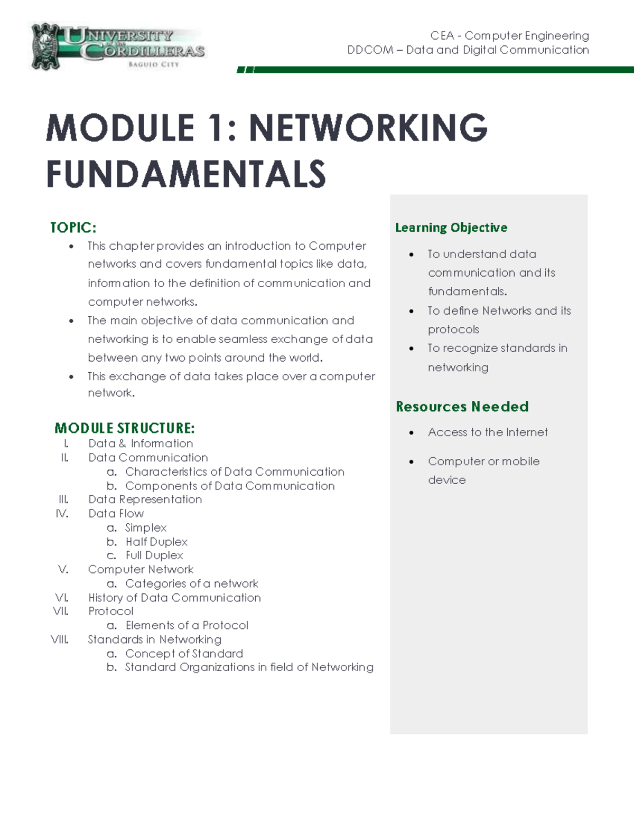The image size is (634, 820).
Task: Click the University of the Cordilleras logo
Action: (117, 46)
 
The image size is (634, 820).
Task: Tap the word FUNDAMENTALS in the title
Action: (186, 174)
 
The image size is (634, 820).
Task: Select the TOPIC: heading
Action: (73, 228)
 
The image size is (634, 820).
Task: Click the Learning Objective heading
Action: (451, 228)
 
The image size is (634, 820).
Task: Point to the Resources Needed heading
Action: (462, 407)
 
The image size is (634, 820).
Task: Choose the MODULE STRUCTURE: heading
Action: (125, 428)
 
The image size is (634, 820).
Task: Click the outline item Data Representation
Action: (145, 499)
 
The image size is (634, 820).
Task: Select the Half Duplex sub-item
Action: (156, 542)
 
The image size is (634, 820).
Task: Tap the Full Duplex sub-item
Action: (154, 555)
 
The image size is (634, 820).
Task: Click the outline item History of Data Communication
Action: (174, 598)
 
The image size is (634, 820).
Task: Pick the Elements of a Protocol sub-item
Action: (187, 625)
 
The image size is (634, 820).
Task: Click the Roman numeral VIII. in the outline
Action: (60, 639)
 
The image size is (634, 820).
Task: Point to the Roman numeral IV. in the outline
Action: (62, 513)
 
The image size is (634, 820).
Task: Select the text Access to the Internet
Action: (487, 432)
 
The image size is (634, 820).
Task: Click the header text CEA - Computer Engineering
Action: (509, 36)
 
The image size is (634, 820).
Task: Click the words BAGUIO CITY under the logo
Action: (154, 64)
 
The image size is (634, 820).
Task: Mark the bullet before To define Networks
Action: (412, 311)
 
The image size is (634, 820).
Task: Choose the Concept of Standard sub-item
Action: (184, 654)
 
